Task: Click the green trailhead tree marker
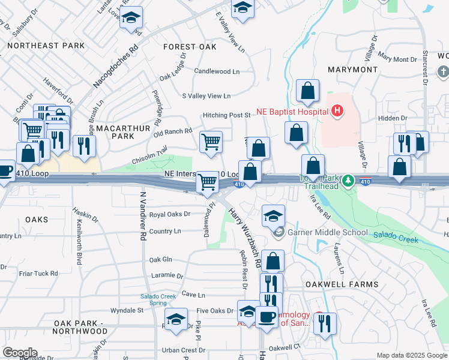point(347,180)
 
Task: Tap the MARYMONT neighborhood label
point(352,70)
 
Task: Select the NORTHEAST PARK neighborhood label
point(46,46)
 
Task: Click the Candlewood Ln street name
point(217,71)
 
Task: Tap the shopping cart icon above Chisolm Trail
point(211,142)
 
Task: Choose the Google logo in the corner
point(19,353)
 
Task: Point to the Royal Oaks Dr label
point(169,214)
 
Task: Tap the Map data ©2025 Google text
point(412,355)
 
